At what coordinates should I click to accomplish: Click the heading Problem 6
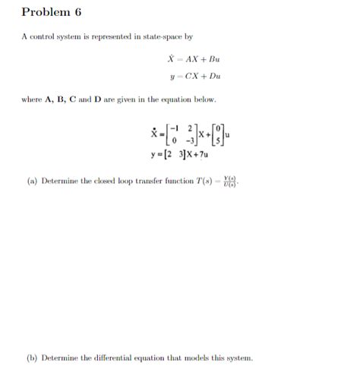pyautogui.click(x=52, y=12)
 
